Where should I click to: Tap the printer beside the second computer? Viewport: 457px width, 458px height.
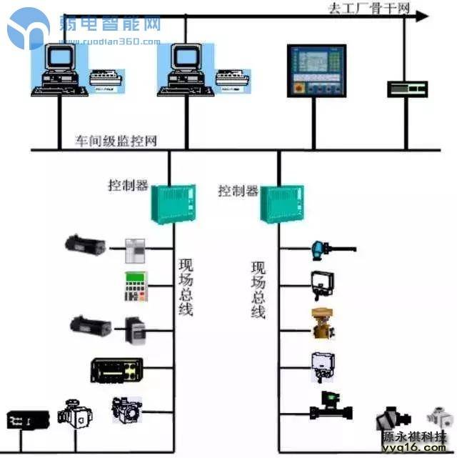231,79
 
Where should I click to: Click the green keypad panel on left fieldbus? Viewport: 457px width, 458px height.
135,287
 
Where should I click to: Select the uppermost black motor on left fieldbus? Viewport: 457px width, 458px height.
84,244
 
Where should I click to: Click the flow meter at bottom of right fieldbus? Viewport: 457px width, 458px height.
331,407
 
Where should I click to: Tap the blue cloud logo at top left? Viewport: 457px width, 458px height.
29,29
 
